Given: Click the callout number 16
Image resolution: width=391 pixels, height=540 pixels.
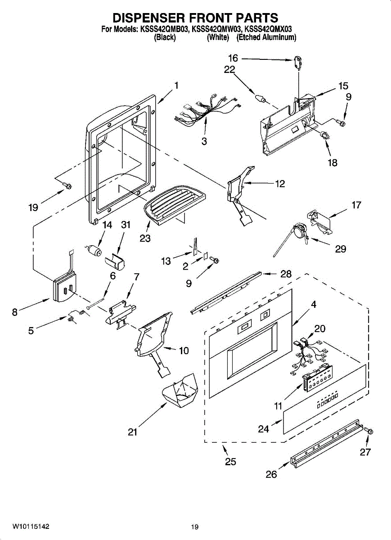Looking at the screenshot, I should [233, 58].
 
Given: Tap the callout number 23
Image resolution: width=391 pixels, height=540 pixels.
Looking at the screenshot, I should [145, 238].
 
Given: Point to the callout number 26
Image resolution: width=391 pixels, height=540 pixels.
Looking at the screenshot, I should [271, 474].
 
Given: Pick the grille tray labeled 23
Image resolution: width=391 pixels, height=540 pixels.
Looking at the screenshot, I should [174, 202].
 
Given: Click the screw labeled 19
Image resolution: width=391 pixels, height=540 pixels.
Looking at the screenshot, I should [68, 185].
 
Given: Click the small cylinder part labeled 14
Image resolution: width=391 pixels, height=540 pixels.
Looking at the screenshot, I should [94, 251].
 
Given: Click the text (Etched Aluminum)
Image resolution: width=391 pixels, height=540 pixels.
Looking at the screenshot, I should [266, 38].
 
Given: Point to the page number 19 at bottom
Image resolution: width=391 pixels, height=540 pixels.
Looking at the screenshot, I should [194, 527].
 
